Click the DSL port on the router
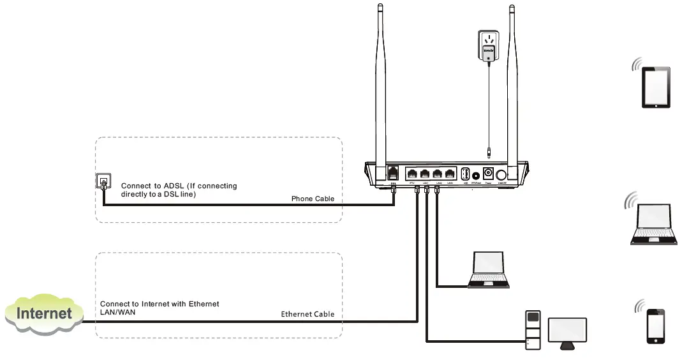394,174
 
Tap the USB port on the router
465,174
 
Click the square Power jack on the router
489,174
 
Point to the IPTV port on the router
412,174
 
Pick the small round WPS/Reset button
476,175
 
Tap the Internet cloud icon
43,313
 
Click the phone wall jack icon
102,182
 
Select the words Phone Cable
313,199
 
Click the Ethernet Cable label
307,314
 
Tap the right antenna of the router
512,83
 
